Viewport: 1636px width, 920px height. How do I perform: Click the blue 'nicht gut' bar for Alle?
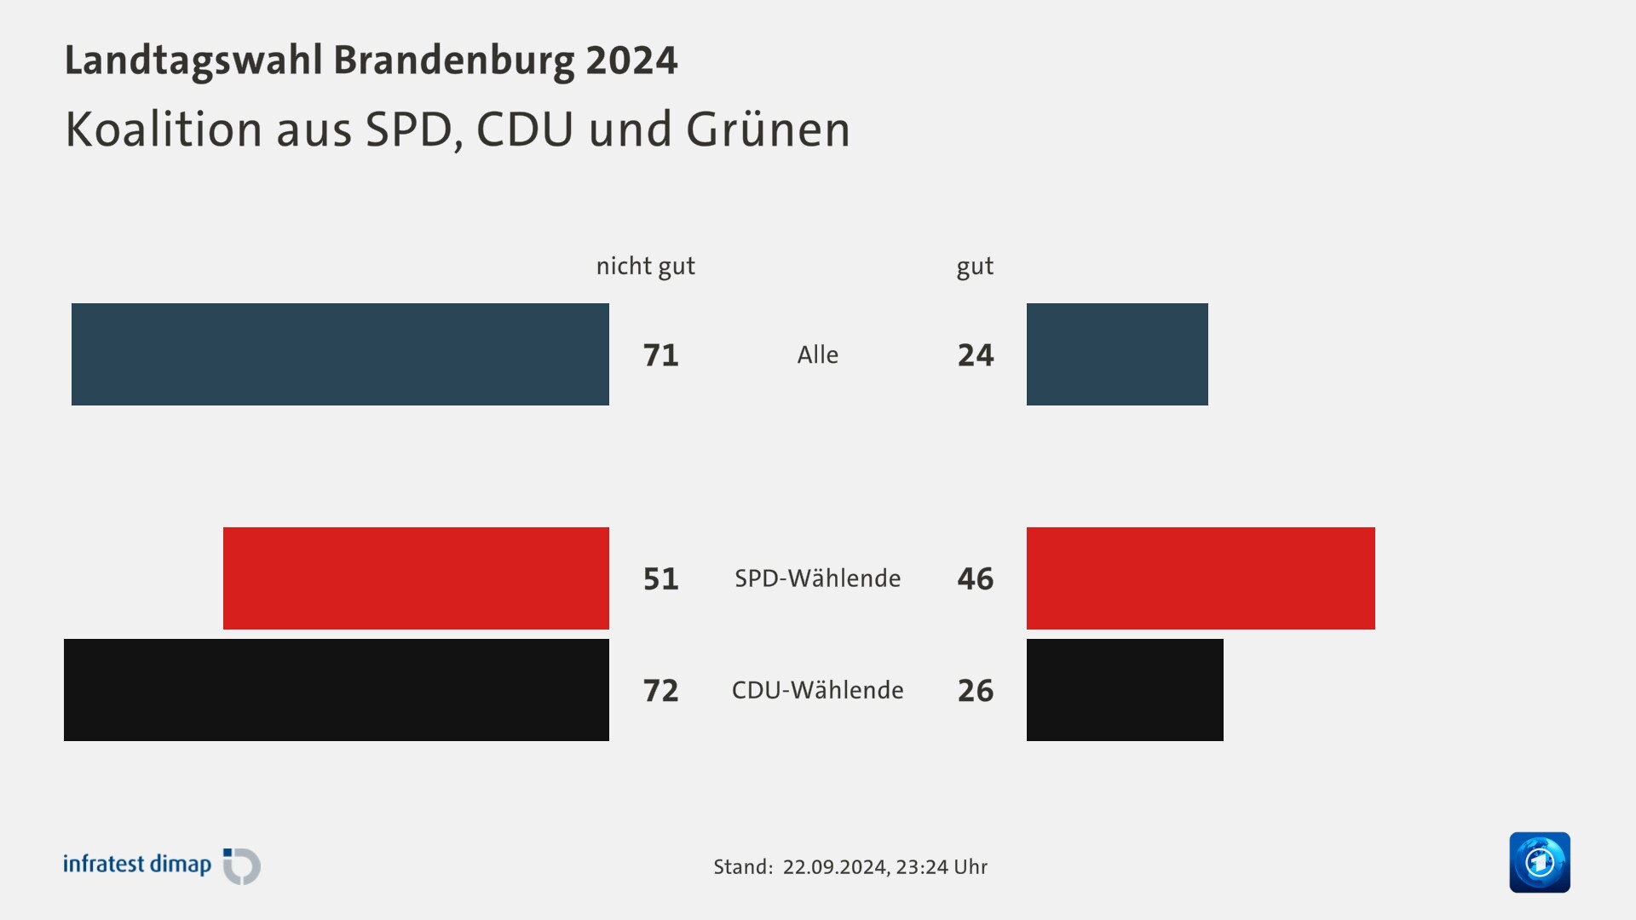coord(340,354)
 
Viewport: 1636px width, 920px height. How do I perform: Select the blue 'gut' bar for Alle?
coord(1117,354)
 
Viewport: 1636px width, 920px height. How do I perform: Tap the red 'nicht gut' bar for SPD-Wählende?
coord(416,578)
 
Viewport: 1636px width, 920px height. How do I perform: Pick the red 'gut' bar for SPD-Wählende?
coord(1201,578)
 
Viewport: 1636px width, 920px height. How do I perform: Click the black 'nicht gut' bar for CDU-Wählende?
coord(337,690)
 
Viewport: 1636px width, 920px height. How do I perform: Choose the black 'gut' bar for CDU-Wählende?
coord(1125,690)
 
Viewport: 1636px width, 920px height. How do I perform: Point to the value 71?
coord(660,355)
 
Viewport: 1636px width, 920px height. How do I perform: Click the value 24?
coord(976,355)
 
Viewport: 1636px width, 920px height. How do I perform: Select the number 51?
coord(660,579)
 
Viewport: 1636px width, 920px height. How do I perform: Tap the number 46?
coord(976,579)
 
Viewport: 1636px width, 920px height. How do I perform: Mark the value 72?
coord(660,691)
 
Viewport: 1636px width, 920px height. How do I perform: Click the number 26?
coord(976,691)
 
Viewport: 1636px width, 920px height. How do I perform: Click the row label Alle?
coord(817,355)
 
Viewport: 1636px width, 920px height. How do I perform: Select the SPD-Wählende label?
coord(817,578)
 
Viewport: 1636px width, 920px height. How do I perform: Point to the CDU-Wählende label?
coord(817,690)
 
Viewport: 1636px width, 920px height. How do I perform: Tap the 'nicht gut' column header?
coord(645,267)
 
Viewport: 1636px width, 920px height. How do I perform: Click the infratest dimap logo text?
coord(137,865)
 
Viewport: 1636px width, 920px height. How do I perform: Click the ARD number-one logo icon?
coord(1539,862)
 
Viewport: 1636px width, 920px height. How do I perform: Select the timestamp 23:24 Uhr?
coord(942,867)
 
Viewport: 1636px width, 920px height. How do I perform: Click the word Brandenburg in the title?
coord(454,60)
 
